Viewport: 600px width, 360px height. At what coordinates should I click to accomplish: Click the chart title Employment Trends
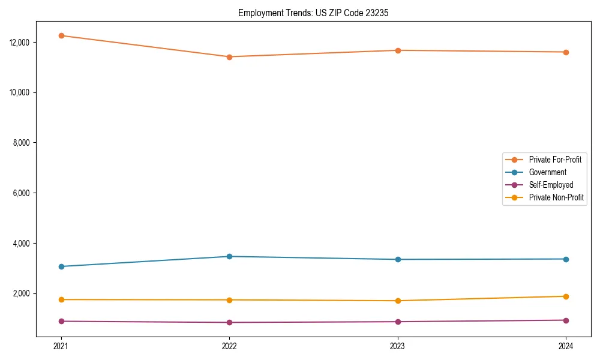(313, 13)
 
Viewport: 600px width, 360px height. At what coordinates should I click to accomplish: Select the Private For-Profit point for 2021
(61, 35)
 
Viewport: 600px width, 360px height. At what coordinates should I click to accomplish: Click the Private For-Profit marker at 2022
(229, 57)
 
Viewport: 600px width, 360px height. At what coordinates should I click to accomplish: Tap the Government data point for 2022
(229, 256)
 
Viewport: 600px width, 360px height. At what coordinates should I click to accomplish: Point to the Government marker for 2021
(61, 266)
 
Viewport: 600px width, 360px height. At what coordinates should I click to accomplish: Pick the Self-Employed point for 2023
(397, 322)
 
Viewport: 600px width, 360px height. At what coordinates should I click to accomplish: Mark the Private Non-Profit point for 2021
(61, 299)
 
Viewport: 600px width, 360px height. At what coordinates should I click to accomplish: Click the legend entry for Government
(547, 172)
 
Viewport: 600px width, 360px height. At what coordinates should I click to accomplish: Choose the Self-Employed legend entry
(551, 185)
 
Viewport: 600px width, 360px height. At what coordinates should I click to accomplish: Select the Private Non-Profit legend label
(556, 197)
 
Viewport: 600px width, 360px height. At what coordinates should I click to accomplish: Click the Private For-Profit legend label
(554, 160)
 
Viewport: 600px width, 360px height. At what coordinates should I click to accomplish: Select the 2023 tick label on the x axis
(397, 346)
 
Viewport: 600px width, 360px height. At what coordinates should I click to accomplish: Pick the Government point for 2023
(397, 259)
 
